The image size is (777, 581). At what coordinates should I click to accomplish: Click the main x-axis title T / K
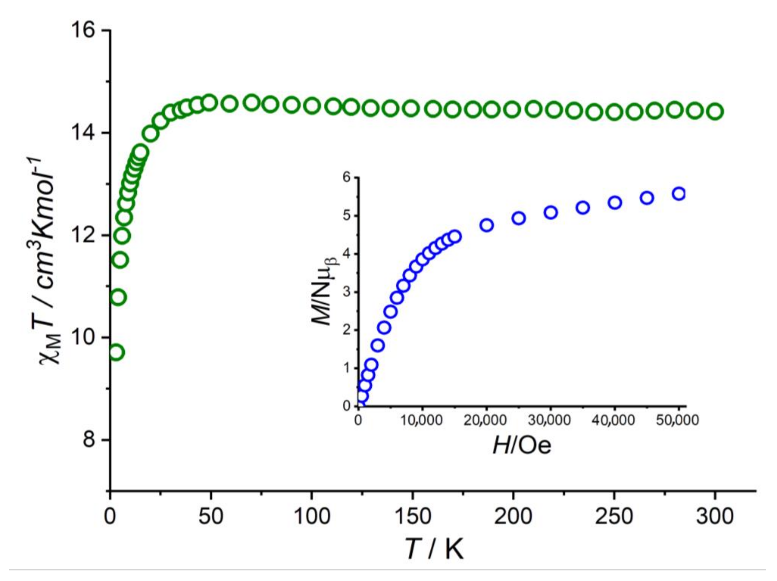click(x=434, y=548)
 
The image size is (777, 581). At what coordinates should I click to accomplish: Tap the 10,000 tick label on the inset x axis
click(x=422, y=420)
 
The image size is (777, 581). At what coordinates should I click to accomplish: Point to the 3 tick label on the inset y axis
click(x=347, y=292)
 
